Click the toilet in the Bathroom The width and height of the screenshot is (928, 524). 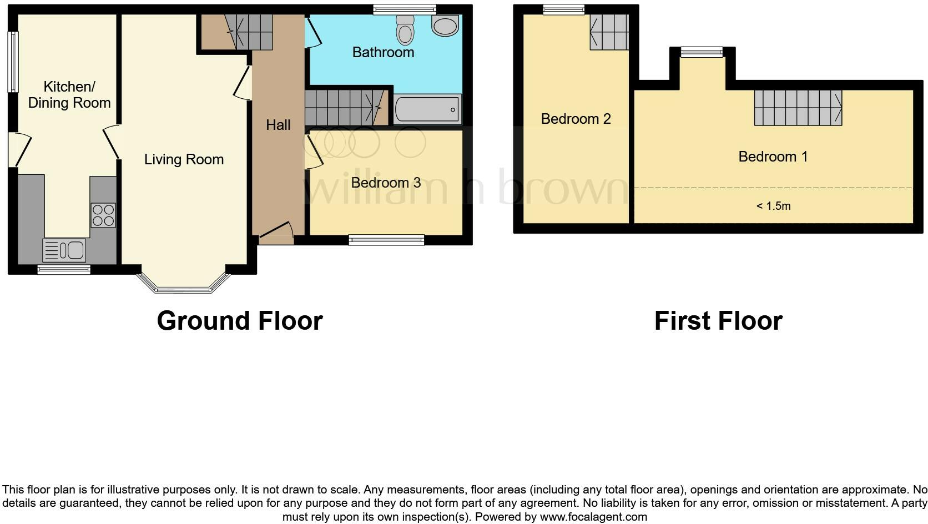(x=406, y=30)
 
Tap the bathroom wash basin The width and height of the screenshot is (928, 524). (x=445, y=25)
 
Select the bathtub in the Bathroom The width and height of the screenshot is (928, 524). (x=427, y=109)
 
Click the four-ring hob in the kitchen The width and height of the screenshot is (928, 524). (x=103, y=215)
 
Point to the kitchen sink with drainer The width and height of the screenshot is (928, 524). (x=64, y=250)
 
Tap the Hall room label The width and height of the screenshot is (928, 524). (x=278, y=125)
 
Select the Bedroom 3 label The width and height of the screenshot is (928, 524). (x=386, y=183)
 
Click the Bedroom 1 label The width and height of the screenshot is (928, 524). (x=773, y=157)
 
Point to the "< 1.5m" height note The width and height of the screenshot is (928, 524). (x=773, y=206)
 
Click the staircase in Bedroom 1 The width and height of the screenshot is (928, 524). (x=798, y=108)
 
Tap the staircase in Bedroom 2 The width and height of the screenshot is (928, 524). (x=609, y=32)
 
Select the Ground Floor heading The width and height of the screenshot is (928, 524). (x=240, y=321)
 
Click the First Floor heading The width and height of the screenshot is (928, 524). (x=718, y=321)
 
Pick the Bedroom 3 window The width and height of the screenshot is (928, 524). (x=386, y=240)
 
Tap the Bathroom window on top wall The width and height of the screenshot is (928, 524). (x=404, y=9)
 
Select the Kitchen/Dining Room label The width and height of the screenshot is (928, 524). (x=69, y=95)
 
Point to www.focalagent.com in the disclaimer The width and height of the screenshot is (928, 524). (x=593, y=517)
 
